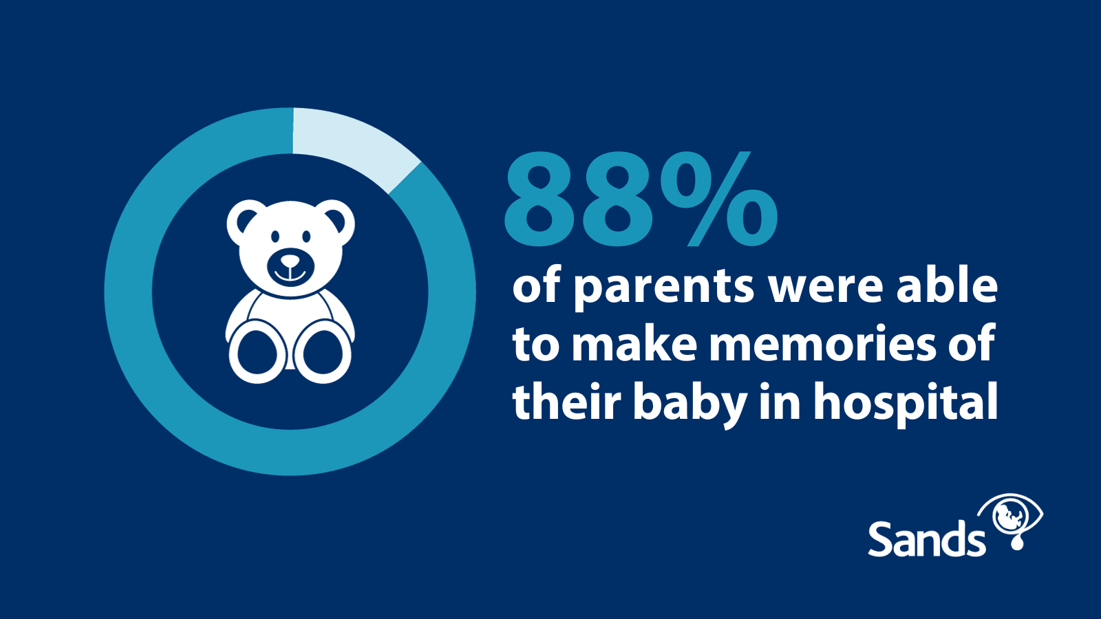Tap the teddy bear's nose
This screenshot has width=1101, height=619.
click(290, 261)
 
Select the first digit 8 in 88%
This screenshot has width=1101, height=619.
click(539, 199)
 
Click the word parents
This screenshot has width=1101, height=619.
click(664, 290)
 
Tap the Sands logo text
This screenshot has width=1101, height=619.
click(927, 539)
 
